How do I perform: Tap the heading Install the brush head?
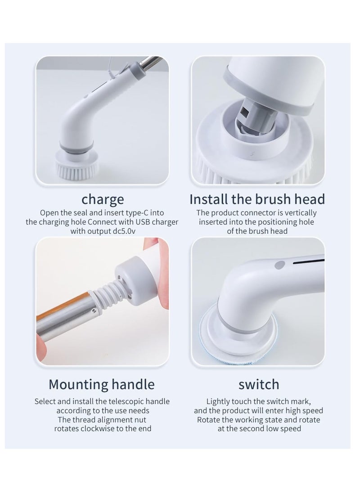point(257,198)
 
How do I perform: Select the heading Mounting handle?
point(102,384)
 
